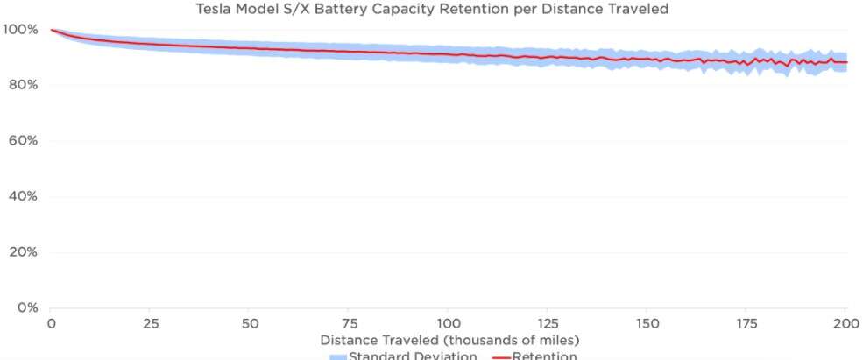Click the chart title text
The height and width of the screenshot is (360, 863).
pyautogui.click(x=431, y=10)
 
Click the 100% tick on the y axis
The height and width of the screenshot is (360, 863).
pyautogui.click(x=20, y=29)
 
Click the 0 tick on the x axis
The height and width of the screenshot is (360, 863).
pyautogui.click(x=51, y=323)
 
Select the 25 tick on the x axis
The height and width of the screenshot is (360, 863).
pyautogui.click(x=151, y=323)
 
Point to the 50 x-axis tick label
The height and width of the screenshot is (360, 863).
pyautogui.click(x=250, y=323)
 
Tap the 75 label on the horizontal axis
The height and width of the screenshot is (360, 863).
pyautogui.click(x=350, y=323)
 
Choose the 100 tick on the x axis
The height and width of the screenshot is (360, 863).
pyautogui.click(x=449, y=323)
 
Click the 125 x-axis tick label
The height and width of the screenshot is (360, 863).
pyautogui.click(x=548, y=323)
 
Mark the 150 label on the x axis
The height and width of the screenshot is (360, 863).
pyautogui.click(x=647, y=323)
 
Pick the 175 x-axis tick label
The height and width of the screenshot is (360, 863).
pyautogui.click(x=747, y=323)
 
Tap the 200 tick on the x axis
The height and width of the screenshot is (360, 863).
pyautogui.click(x=846, y=323)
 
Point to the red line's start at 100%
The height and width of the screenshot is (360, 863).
pyautogui.click(x=52, y=30)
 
